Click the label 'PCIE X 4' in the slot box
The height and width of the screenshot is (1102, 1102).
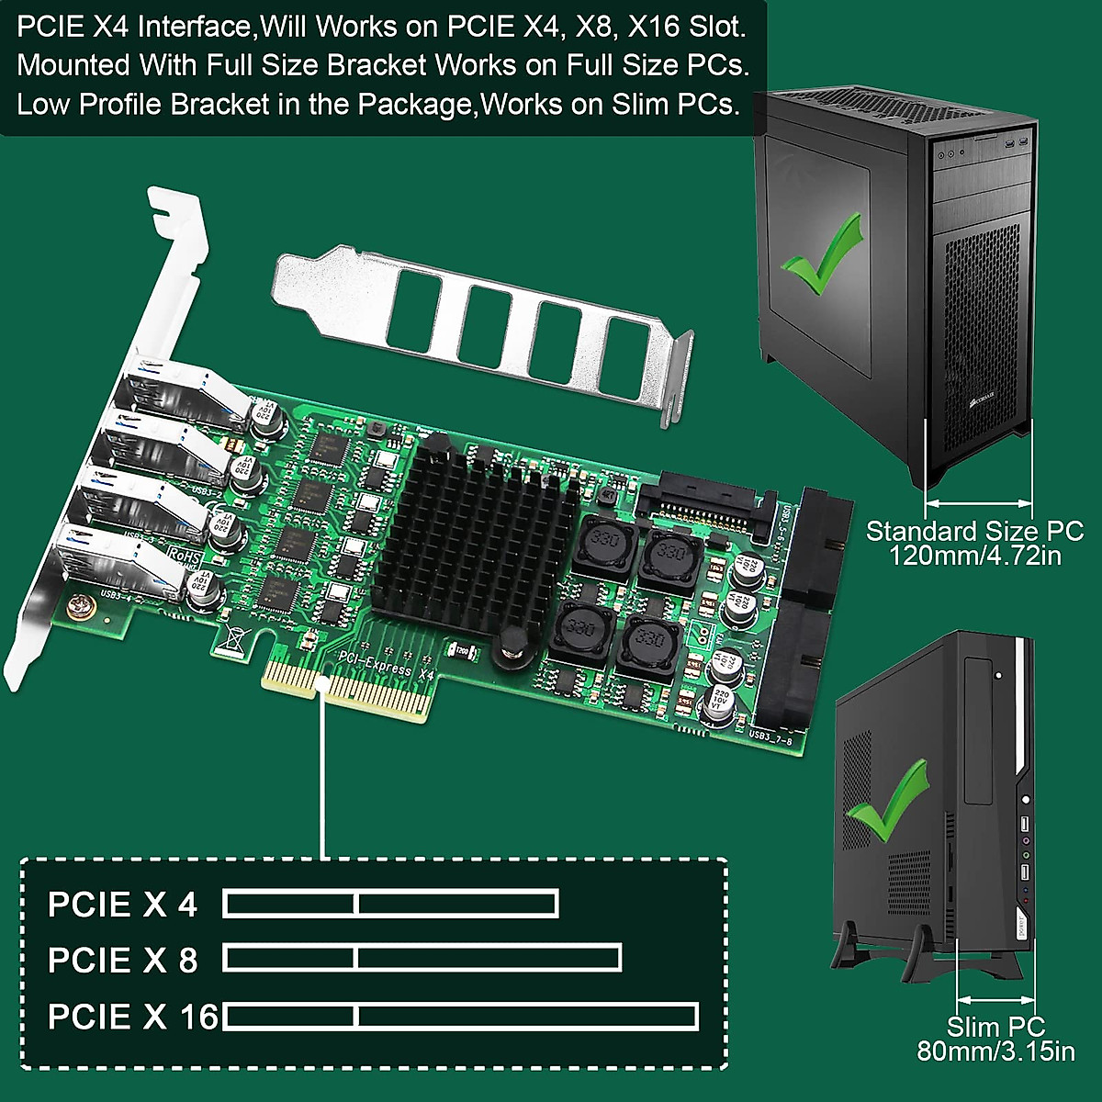122,905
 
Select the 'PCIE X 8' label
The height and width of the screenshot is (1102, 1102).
122,961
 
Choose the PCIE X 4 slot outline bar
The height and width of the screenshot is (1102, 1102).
391,905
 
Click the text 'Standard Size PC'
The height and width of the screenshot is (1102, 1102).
974,531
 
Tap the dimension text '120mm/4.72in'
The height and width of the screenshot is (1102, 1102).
974,556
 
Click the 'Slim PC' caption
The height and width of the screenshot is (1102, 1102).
995,1027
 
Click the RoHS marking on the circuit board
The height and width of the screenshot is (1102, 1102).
185,557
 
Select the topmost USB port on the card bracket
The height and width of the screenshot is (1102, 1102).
170,390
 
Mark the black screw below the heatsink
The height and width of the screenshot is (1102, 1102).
510,646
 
